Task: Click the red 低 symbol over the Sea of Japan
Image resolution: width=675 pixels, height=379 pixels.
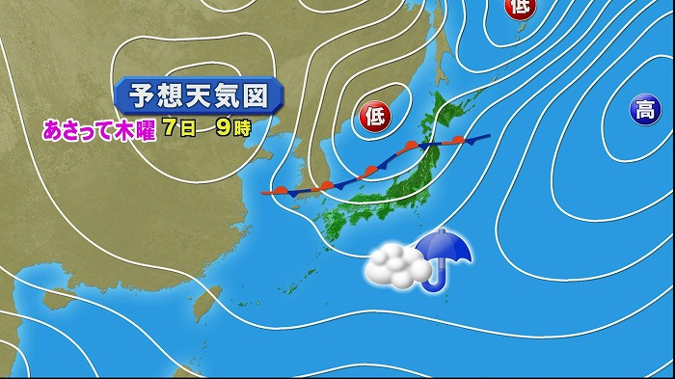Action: pos(374,117)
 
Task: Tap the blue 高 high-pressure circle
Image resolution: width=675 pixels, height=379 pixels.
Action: pos(645,109)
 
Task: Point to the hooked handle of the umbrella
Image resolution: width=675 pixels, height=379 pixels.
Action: pos(437,283)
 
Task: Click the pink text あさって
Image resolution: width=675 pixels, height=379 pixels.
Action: pos(75,129)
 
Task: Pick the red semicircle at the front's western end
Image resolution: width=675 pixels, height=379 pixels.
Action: pos(281,190)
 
